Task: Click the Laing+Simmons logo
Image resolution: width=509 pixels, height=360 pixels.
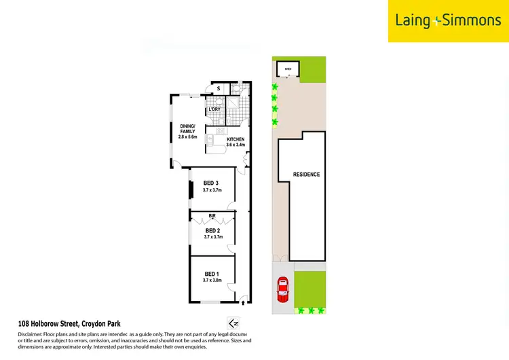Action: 448,20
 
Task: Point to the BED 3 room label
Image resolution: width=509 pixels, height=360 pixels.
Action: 211,183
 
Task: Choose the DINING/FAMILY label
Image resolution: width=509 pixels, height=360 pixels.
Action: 187,129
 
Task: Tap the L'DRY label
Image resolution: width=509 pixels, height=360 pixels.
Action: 215,109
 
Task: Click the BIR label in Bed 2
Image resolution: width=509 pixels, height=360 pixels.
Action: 212,217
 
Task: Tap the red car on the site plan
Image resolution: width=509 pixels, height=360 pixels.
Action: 282,291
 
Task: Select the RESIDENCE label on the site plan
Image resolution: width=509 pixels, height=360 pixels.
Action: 306,175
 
